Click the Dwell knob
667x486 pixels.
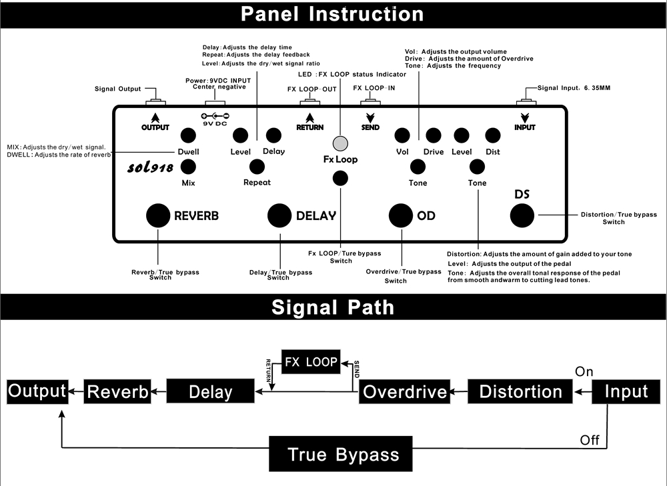[x=188, y=136]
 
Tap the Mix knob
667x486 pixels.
[x=188, y=167]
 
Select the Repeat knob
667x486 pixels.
[x=257, y=167]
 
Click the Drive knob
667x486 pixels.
[x=434, y=136]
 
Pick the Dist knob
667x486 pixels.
[x=493, y=136]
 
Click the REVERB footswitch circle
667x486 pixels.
[x=158, y=215]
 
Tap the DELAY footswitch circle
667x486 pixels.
[x=279, y=215]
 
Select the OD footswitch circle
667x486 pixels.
[x=401, y=215]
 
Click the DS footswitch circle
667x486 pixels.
[x=522, y=215]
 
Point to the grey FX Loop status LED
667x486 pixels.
[x=341, y=143]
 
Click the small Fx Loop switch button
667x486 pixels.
[x=341, y=177]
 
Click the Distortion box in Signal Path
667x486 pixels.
[x=520, y=391]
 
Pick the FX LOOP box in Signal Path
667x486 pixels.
[x=311, y=363]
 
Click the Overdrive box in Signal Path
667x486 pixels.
[x=405, y=391]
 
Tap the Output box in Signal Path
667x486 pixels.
[x=37, y=391]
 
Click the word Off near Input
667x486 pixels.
[x=590, y=440]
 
